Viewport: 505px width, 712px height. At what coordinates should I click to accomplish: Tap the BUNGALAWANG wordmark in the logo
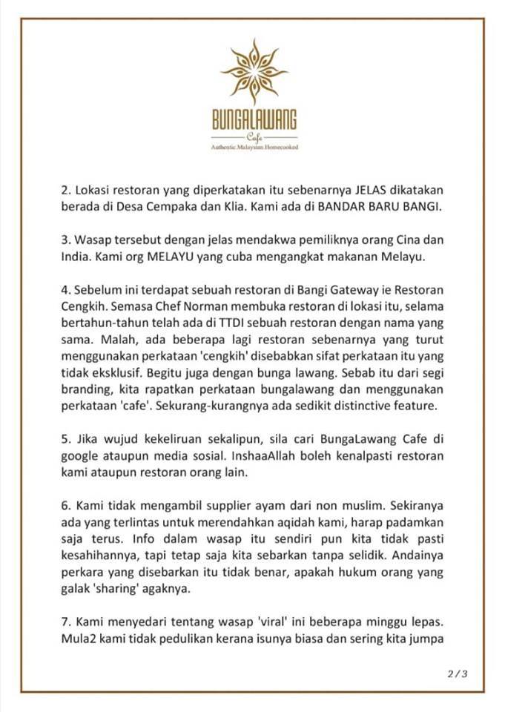pos(254,122)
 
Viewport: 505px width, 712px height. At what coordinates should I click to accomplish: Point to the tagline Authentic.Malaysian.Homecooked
pos(254,148)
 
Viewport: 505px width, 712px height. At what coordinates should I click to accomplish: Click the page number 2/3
pos(458,673)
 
